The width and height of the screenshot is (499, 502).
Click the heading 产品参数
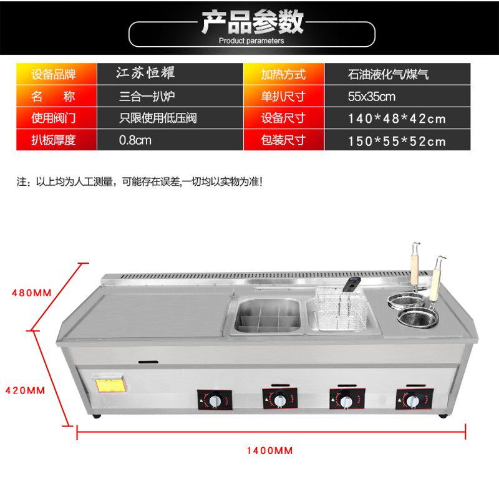click(252, 22)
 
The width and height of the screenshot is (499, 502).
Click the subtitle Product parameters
click(251, 41)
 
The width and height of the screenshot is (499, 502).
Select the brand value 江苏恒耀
click(146, 73)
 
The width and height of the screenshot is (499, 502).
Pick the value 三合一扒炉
click(149, 97)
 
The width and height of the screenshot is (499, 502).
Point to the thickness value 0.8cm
click(135, 140)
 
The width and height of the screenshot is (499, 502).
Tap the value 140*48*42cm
click(397, 118)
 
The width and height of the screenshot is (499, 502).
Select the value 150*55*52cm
click(397, 141)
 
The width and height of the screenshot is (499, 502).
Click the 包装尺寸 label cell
click(284, 140)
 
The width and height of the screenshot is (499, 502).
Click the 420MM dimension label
click(25, 390)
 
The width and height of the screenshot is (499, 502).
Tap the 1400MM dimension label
click(269, 450)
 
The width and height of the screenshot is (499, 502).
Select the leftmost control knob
click(215, 400)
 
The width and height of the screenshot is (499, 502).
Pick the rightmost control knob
click(412, 399)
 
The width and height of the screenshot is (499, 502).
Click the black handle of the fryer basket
click(351, 286)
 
